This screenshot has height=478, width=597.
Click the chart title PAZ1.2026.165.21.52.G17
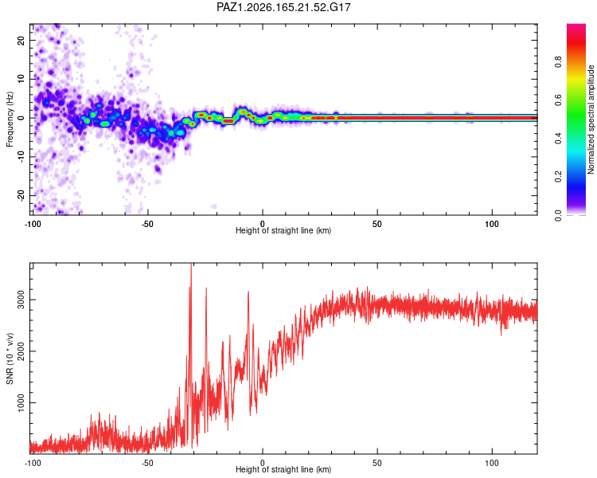tap(283, 7)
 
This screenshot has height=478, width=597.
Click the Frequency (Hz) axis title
tap(10, 119)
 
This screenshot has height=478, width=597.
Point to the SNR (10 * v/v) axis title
tap(10, 358)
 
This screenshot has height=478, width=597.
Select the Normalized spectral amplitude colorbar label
tap(591, 119)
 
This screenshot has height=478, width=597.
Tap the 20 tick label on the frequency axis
tap(21, 40)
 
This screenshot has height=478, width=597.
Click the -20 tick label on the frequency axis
tap(21, 196)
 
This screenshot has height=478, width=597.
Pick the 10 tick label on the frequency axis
tap(21, 79)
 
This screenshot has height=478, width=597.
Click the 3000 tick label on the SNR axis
tap(21, 300)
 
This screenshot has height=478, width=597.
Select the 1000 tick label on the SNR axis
tap(21, 402)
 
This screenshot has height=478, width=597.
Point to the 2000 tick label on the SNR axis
tap(21, 351)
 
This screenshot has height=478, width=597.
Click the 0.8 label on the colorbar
tap(558, 61)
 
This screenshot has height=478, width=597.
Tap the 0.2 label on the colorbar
tap(558, 177)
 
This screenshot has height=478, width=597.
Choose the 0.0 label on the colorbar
tap(558, 215)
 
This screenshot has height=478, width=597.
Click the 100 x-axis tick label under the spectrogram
tap(492, 224)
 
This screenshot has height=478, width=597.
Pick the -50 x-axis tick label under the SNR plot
tap(147, 463)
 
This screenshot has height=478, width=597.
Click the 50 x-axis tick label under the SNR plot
tap(377, 463)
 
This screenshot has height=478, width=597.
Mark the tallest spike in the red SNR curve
tap(191, 264)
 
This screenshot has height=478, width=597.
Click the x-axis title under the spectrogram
tap(283, 230)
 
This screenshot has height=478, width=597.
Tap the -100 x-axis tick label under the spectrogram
tap(33, 224)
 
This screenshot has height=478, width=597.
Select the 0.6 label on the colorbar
tap(558, 100)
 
